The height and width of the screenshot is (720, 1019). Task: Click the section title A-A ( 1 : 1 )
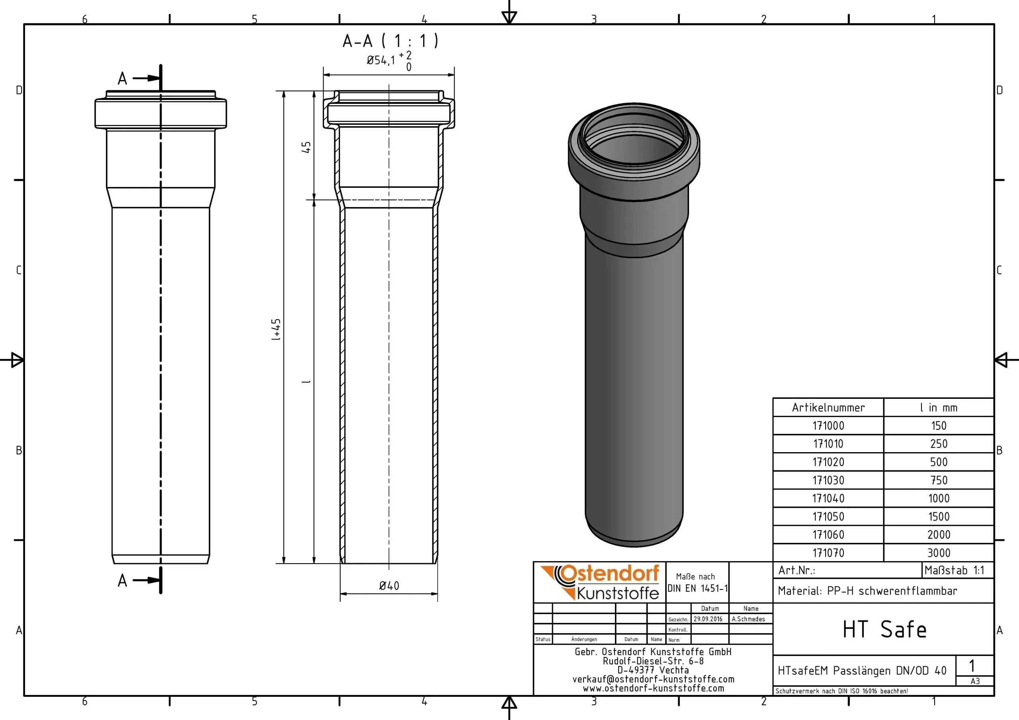pyautogui.click(x=390, y=41)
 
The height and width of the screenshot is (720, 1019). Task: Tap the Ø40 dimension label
pyautogui.click(x=389, y=586)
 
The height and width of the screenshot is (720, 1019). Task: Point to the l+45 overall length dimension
pyautogui.click(x=276, y=330)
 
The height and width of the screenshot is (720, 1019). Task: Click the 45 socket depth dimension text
pyautogui.click(x=306, y=147)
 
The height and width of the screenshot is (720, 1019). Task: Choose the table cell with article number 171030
pyautogui.click(x=828, y=480)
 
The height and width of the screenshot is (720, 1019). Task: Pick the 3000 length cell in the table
pyautogui.click(x=939, y=553)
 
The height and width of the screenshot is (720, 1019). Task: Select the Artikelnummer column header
pyautogui.click(x=828, y=408)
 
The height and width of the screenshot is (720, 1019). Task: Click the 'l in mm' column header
pyautogui.click(x=939, y=408)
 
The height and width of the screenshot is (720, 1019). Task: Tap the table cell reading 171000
pyautogui.click(x=828, y=426)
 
